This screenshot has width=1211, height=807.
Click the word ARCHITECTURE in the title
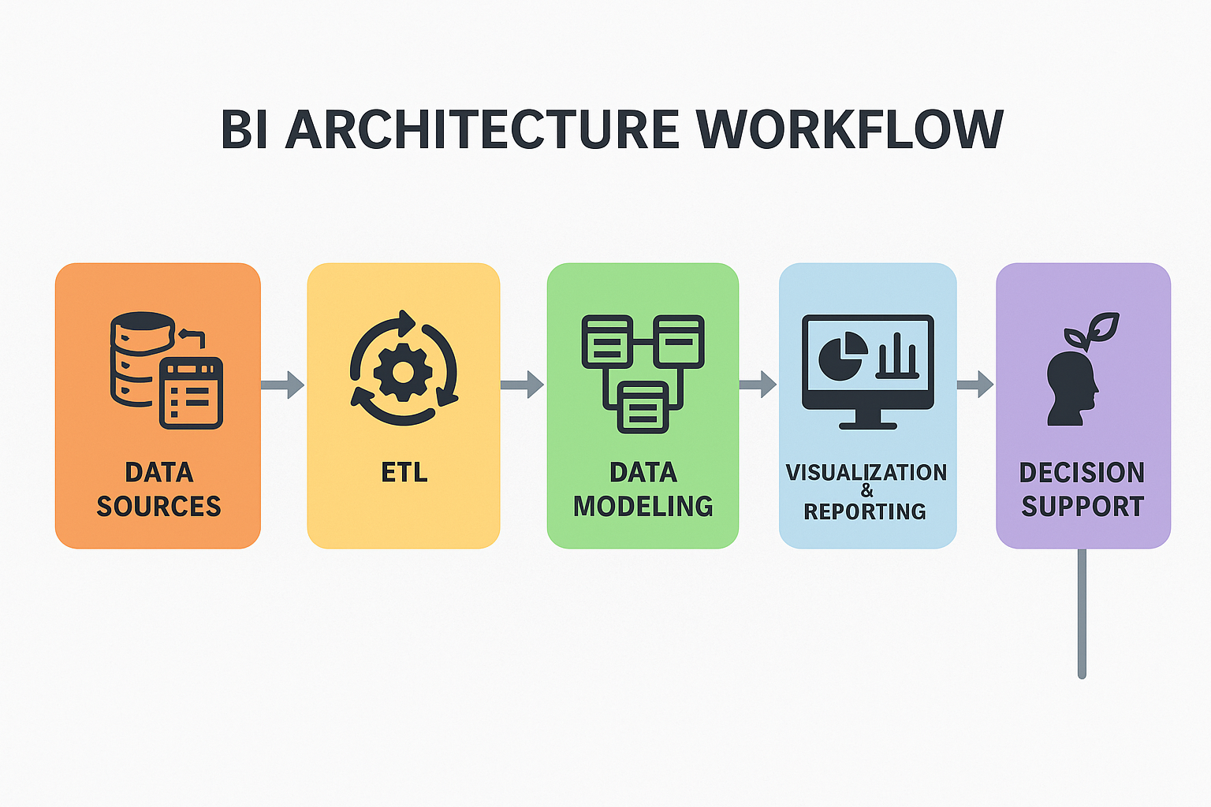pyautogui.click(x=483, y=129)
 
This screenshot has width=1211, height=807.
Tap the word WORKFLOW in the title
pyautogui.click(x=850, y=129)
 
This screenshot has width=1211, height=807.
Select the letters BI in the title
pyautogui.click(x=244, y=129)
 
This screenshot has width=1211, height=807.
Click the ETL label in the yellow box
pyautogui.click(x=404, y=472)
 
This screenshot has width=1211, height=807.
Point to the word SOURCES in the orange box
pyautogui.click(x=159, y=507)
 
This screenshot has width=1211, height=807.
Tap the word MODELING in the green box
pyautogui.click(x=643, y=507)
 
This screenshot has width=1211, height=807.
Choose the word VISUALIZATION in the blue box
pyautogui.click(x=866, y=472)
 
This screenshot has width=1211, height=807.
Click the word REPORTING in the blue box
pyautogui.click(x=864, y=511)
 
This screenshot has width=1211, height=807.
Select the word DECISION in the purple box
pyautogui.click(x=1082, y=472)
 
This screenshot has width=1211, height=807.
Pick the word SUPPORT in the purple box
pyautogui.click(x=1082, y=507)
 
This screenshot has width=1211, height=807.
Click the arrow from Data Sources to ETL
pyautogui.click(x=283, y=385)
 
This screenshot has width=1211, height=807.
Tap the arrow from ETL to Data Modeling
pyautogui.click(x=522, y=385)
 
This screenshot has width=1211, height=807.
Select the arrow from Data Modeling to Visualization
pyautogui.click(x=758, y=385)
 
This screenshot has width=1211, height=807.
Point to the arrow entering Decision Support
pyautogui.click(x=974, y=385)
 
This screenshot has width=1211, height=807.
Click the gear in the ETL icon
pyautogui.click(x=403, y=373)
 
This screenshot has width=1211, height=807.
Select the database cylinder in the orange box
pyautogui.click(x=142, y=359)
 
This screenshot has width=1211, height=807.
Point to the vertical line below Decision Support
pyautogui.click(x=1082, y=613)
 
